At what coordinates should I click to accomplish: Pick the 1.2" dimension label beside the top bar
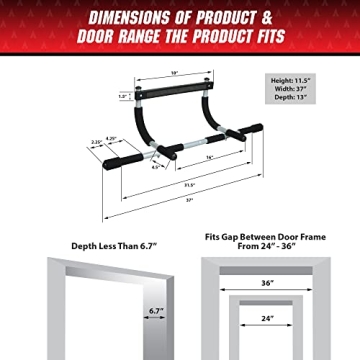(125, 97)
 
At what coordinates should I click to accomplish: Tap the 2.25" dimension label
(95, 143)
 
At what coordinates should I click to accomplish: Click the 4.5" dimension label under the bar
(157, 167)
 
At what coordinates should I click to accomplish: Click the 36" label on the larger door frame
(268, 283)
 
